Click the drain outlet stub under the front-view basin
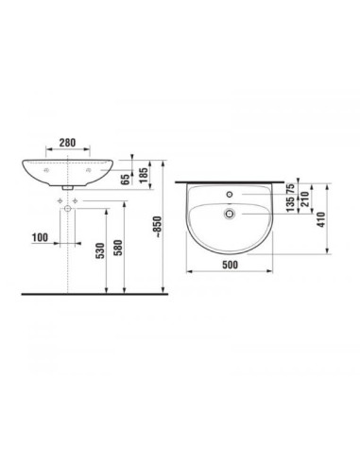68,190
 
